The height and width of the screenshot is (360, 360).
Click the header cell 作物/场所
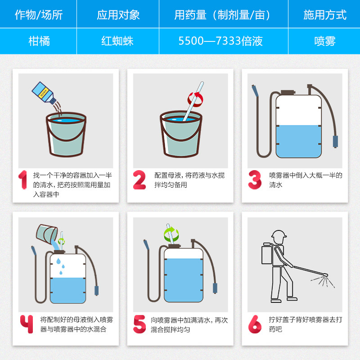[x=38, y=14]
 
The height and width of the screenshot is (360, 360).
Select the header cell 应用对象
[x=118, y=14]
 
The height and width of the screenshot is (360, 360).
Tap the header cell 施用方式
[x=324, y=14]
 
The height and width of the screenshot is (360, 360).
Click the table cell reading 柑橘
[x=38, y=41]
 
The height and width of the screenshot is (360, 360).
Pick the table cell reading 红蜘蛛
[x=118, y=41]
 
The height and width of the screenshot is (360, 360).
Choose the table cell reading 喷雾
[x=324, y=41]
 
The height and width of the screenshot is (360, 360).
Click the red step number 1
[x=23, y=180]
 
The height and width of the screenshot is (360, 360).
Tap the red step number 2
[x=139, y=180]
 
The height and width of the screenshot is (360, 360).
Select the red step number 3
[x=255, y=180]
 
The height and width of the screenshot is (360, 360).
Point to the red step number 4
[x=27, y=324]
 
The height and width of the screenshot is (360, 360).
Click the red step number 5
[x=139, y=324]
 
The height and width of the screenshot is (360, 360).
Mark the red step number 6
[x=255, y=324]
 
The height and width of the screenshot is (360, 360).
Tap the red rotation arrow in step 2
[x=195, y=99]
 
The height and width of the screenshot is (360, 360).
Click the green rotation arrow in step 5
[x=171, y=234]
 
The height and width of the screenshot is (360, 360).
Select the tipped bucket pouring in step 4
[x=47, y=234]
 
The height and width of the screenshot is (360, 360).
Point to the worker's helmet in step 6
[x=279, y=234]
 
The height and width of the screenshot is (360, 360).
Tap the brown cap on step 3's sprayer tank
[x=288, y=93]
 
